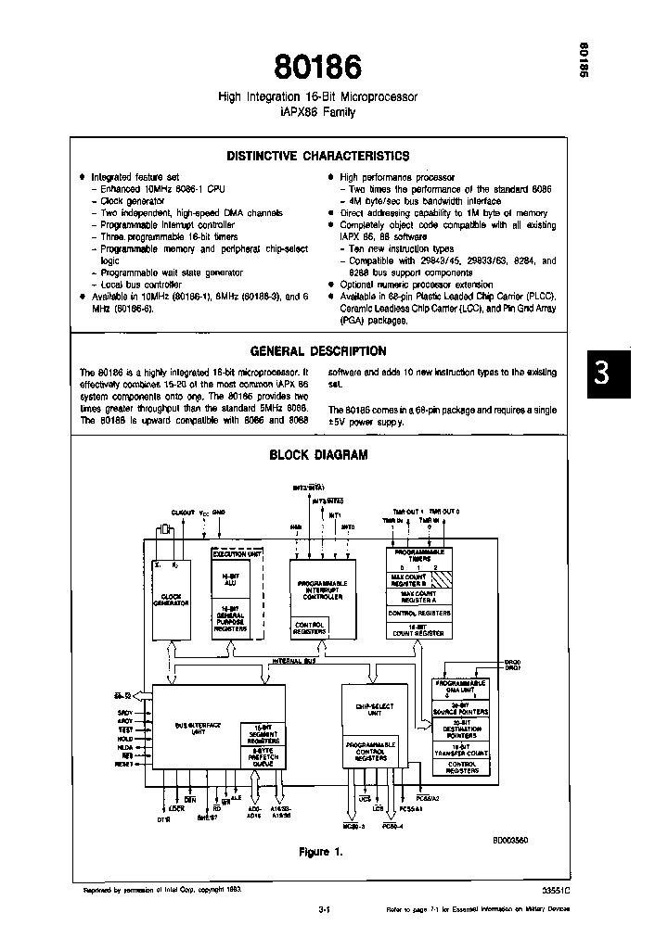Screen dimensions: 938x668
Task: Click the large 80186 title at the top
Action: pos(318,67)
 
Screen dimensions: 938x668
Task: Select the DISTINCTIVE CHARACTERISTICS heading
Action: pos(318,157)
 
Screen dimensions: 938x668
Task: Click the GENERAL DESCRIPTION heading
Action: pos(318,351)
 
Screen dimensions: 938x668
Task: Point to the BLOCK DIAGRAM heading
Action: pos(318,455)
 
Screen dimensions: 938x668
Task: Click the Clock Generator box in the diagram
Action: pos(171,600)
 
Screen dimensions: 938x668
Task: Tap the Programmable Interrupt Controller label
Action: pos(323,590)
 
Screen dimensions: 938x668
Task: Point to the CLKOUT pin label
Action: pos(184,512)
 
